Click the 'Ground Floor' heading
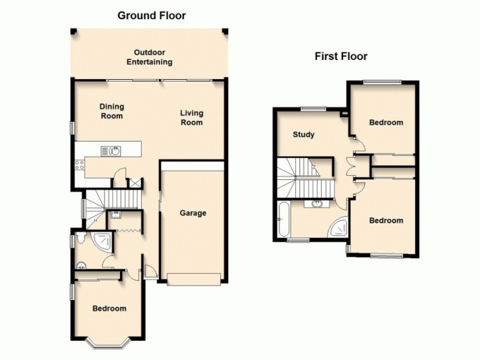coord(151,16)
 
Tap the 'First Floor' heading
coord(341,56)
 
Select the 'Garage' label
coord(193,213)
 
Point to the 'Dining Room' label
coord(112,111)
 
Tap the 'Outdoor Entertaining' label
coord(153,57)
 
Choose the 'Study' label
coord(303,134)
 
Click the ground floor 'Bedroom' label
coord(109,308)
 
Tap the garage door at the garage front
coord(193,278)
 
